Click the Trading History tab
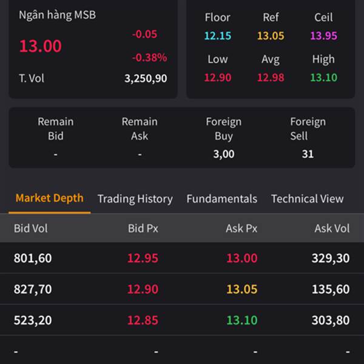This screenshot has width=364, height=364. tap(135, 199)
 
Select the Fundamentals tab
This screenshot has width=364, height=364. tap(221, 199)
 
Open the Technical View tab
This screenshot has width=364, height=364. tap(307, 199)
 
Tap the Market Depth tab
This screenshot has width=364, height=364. tap(49, 198)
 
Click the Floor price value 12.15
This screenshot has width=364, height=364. tap(217, 36)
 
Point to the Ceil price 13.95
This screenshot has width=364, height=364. tap(323, 36)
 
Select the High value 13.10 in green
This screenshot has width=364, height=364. tap(323, 77)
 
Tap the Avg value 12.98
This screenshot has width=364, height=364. tap(271, 77)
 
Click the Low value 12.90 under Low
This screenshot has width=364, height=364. tap(217, 77)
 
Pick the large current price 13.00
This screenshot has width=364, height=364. tap(40, 46)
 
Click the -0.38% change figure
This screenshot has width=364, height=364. tap(149, 58)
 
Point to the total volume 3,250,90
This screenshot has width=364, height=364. tap(145, 78)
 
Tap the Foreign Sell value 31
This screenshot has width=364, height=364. tap(308, 154)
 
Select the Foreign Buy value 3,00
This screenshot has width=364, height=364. tap(223, 154)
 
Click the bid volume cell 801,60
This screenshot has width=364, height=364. tap(33, 258)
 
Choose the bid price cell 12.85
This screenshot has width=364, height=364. tap(143, 320)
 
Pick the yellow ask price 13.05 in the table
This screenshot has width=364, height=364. tap(241, 289)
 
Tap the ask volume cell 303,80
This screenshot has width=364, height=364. tap(331, 320)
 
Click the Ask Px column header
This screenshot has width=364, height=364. tap(241, 229)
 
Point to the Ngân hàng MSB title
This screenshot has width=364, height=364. tap(57, 15)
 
